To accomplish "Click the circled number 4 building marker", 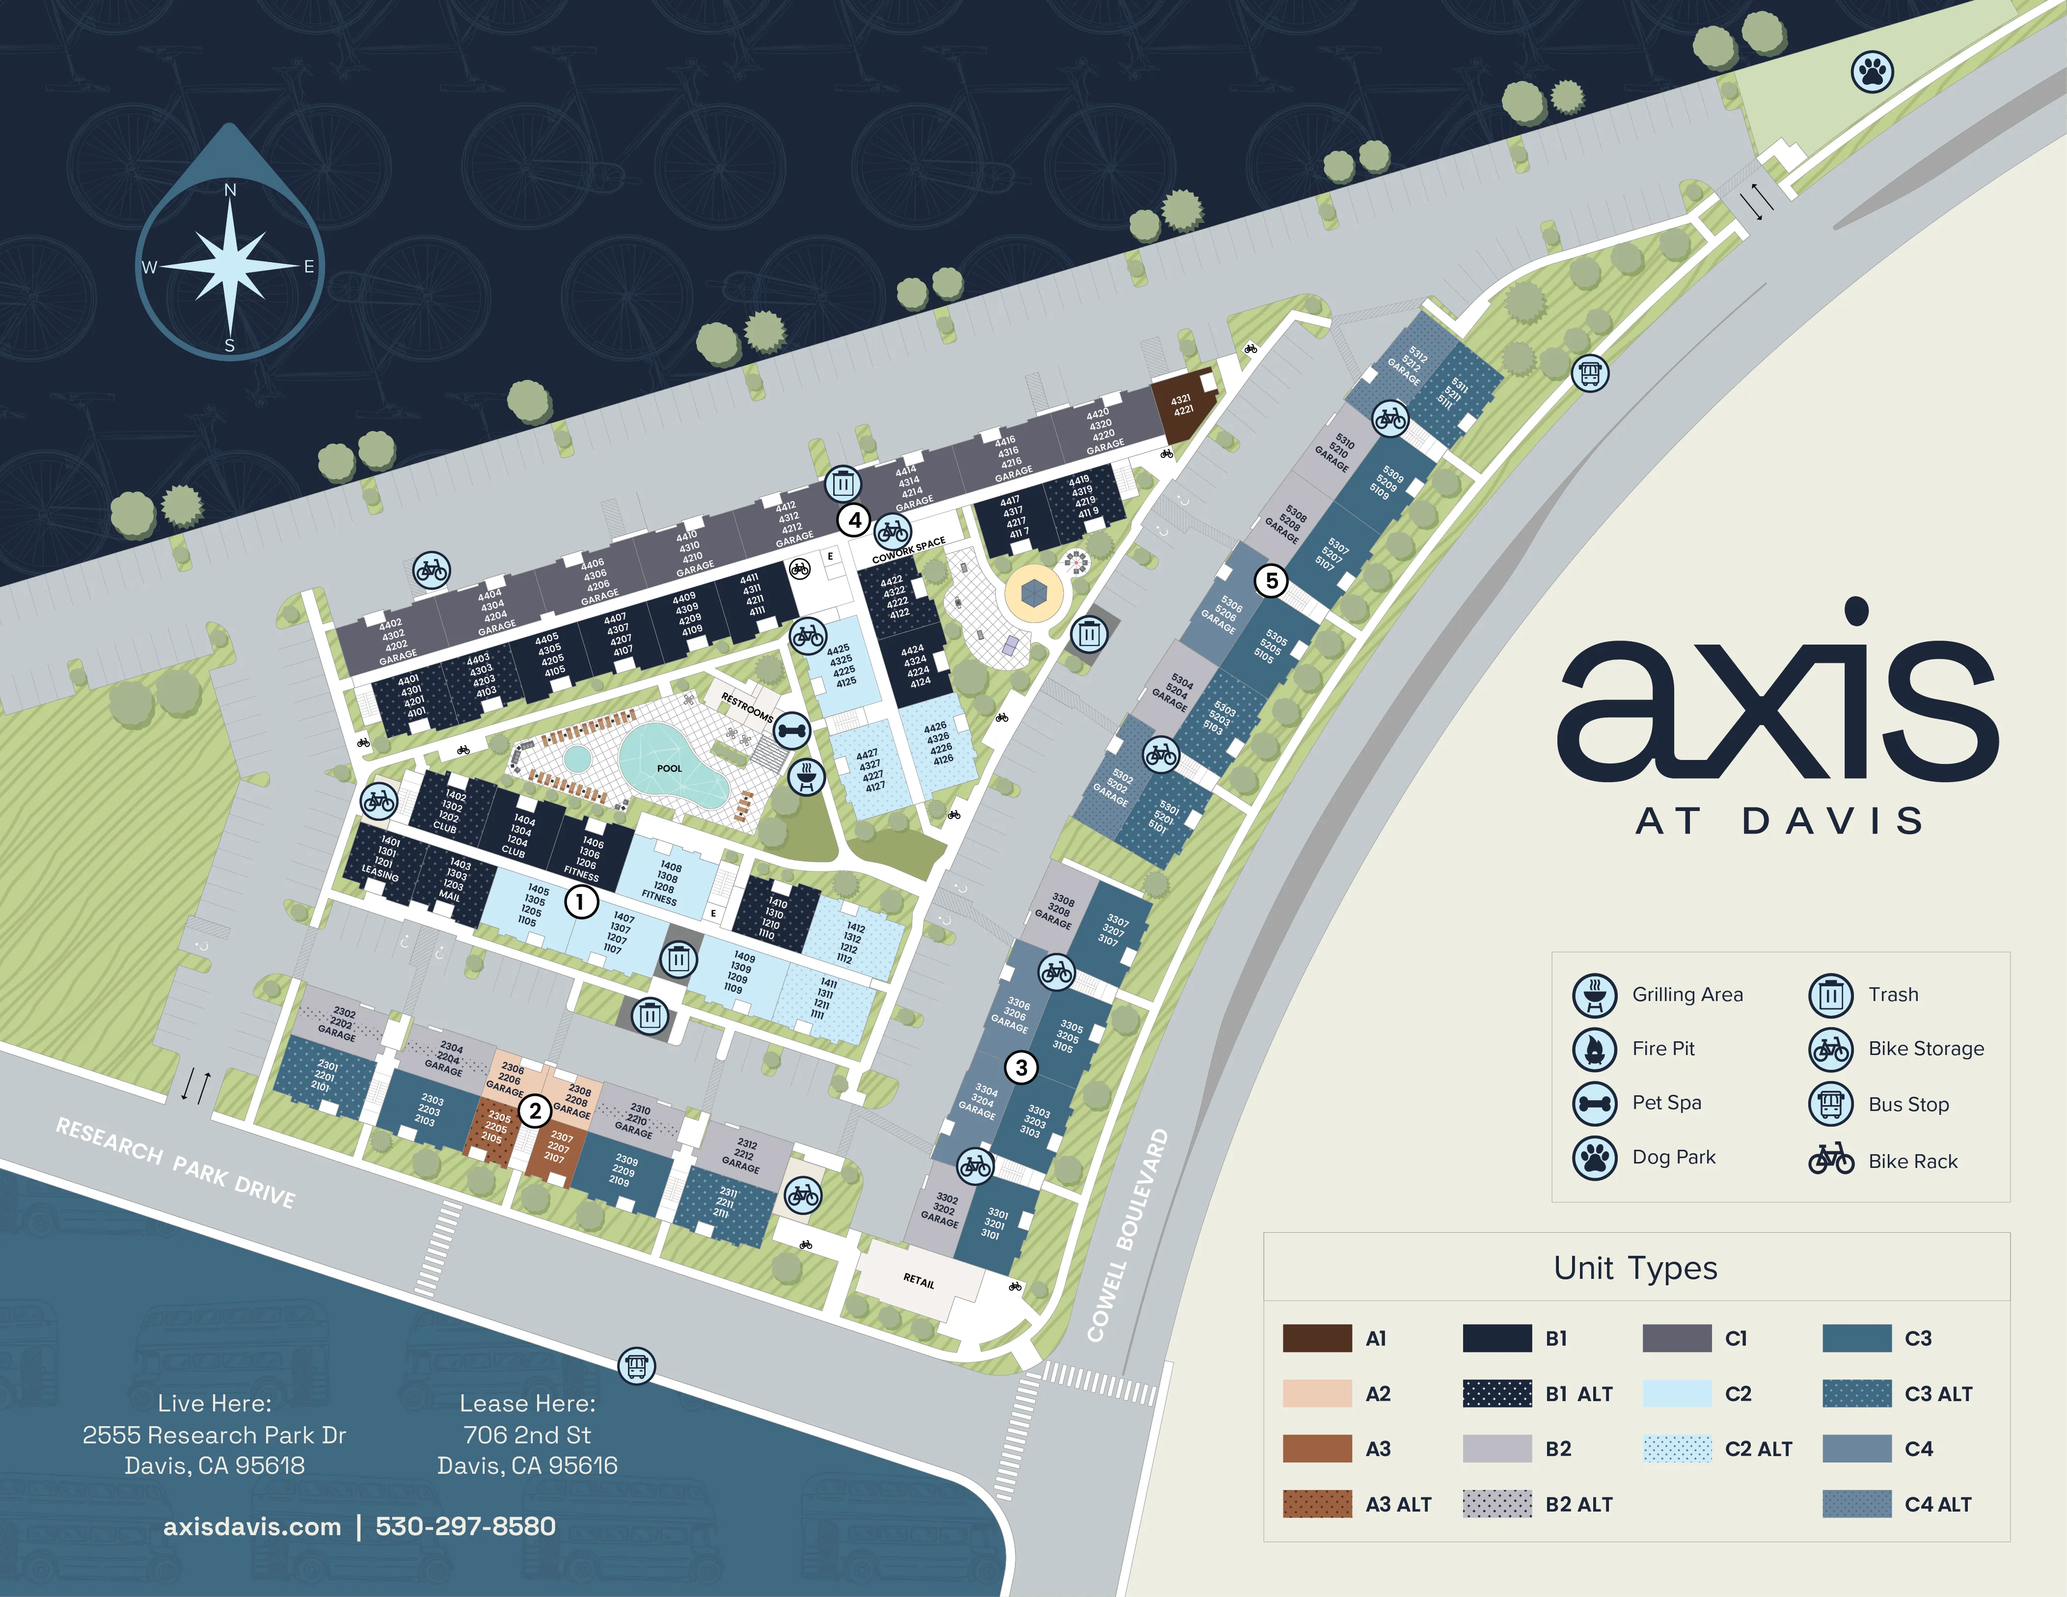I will pos(855,519).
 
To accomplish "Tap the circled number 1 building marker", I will pos(580,902).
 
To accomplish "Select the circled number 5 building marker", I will pos(1271,581).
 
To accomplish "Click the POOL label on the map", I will pos(669,768).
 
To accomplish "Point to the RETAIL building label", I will pos(918,1281).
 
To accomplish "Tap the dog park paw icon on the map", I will pos(1871,71).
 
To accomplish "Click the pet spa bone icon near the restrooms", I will pos(791,731).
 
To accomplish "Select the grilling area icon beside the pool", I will pos(806,778).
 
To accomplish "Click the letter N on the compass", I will pos(230,190).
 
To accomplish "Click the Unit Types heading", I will pos(1635,1268).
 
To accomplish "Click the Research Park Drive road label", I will pos(175,1162).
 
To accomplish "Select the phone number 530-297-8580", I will pos(465,1526).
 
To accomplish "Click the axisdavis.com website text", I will pos(252,1526).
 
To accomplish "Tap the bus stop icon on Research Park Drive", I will pos(636,1365).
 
